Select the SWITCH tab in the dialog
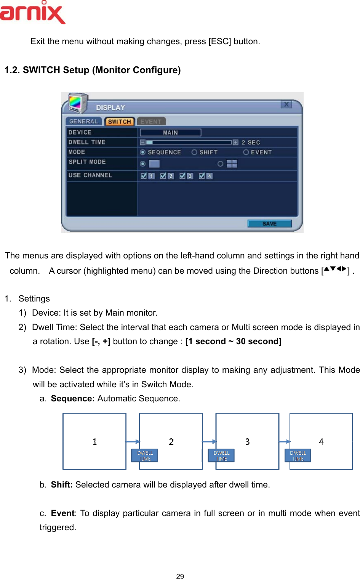click(119, 122)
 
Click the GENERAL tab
click(83, 121)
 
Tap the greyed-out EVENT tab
click(151, 122)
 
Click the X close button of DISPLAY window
click(286, 104)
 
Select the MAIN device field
click(170, 133)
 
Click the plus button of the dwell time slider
click(235, 142)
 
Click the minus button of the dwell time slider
click(142, 142)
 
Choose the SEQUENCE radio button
click(143, 152)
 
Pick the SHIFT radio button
click(194, 152)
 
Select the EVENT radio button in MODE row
click(246, 152)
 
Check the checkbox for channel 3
click(182, 176)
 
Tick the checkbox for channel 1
click(144, 176)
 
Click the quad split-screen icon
click(232, 164)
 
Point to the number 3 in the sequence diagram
click(247, 441)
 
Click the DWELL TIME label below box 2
click(145, 456)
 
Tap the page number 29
click(180, 576)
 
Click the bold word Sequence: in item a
click(73, 398)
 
